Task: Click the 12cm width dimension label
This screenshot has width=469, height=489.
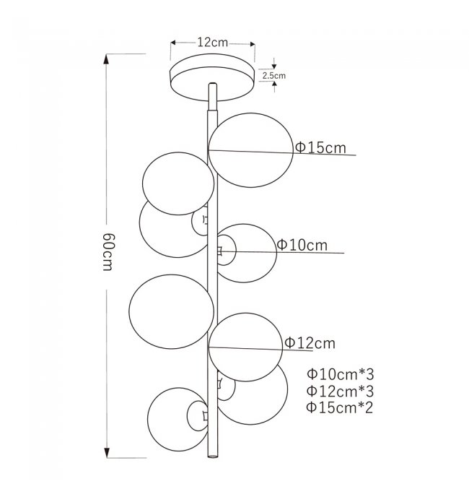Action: [x=213, y=42]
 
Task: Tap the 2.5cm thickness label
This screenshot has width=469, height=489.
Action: [x=274, y=75]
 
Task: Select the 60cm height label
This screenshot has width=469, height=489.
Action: [x=109, y=251]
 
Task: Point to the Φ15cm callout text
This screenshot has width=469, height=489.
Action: [x=320, y=147]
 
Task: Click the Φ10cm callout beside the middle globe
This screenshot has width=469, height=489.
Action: [x=302, y=245]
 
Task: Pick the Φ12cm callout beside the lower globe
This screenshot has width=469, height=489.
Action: [x=310, y=343]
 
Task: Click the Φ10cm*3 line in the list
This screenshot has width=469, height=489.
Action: [x=341, y=374]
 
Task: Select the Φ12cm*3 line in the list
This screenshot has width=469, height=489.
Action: [x=341, y=391]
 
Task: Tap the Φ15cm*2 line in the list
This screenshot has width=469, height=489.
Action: [x=340, y=407]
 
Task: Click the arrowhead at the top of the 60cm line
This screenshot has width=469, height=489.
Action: [x=106, y=59]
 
